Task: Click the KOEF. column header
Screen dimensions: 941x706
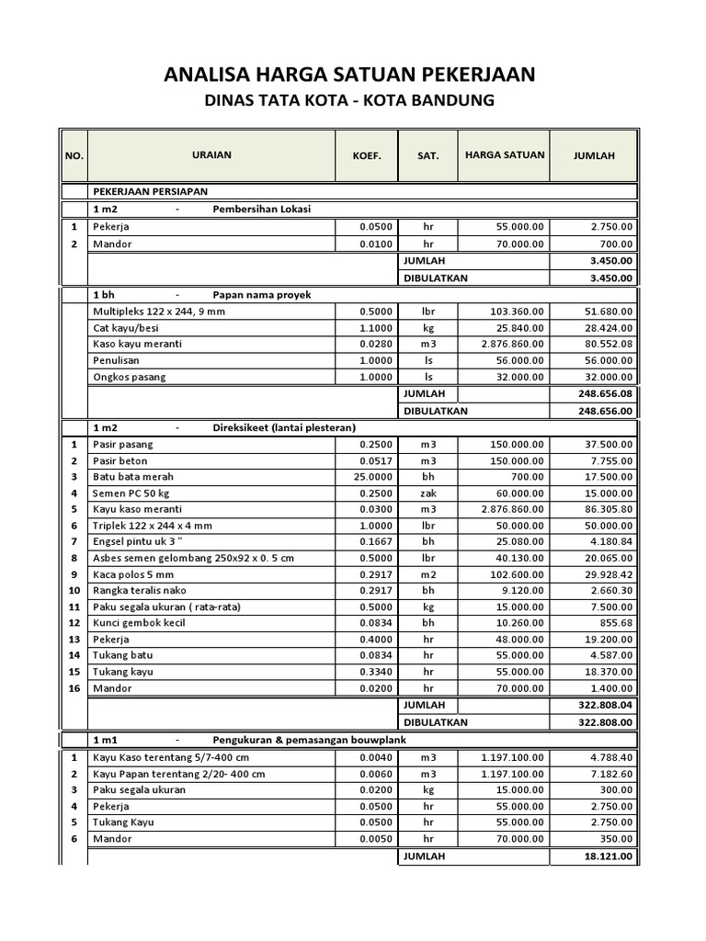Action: click(366, 155)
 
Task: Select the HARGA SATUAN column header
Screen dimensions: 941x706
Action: click(504, 154)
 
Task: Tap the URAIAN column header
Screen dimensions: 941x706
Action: click(211, 154)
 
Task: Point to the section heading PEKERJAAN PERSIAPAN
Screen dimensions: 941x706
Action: click(150, 191)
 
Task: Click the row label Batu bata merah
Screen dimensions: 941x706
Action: click(132, 477)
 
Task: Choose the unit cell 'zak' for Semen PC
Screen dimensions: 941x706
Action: click(427, 493)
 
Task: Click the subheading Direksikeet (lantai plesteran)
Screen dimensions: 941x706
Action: click(284, 427)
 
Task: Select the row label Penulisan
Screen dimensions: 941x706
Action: click(116, 360)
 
